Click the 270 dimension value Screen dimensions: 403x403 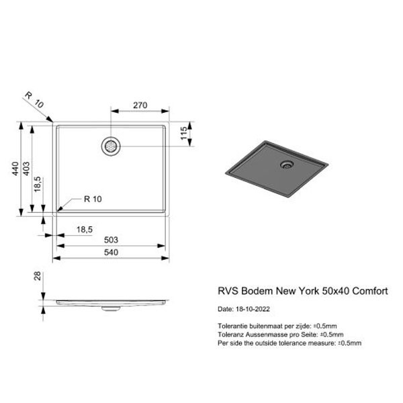[140, 105]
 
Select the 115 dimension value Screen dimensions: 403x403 [184, 133]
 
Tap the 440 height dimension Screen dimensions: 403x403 [15, 169]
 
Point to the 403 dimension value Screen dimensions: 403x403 [26, 169]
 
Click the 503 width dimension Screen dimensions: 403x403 [111, 240]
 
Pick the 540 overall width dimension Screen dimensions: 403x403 [111, 252]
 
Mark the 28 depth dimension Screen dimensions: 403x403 [38, 276]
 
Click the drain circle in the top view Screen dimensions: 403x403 [111, 146]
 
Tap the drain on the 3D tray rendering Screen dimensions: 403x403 [287, 164]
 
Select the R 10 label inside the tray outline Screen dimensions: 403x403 [93, 199]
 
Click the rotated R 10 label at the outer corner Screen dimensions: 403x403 [34, 100]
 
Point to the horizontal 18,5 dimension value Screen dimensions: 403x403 [85, 229]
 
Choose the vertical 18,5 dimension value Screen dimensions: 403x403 [38, 184]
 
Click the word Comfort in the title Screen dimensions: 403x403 [370, 291]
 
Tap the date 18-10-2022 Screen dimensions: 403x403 [253, 309]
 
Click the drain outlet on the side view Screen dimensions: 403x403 [111, 308]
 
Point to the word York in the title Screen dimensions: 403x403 [309, 291]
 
